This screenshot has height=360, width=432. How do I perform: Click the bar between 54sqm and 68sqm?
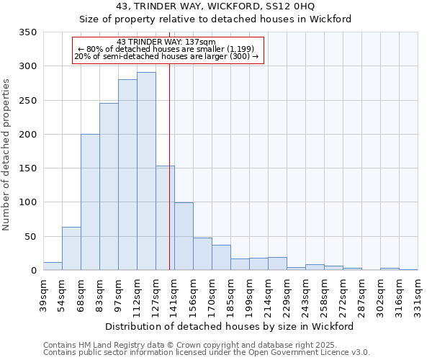(x=71, y=248)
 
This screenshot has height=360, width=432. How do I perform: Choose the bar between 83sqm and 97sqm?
(x=109, y=186)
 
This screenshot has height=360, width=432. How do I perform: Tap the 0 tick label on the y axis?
(x=33, y=271)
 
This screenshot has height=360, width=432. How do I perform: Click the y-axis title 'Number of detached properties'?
(x=6, y=155)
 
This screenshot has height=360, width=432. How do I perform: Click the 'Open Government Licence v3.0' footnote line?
(x=207, y=353)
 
